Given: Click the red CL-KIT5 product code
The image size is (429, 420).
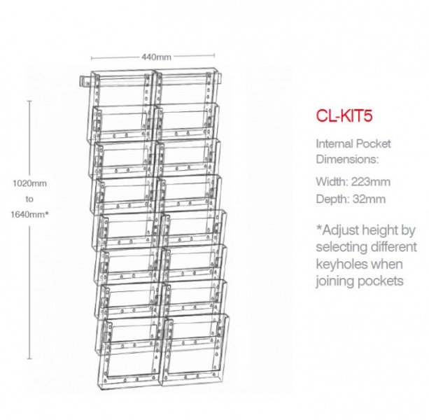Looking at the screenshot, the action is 344,115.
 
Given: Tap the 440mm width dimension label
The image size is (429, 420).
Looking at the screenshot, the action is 156,57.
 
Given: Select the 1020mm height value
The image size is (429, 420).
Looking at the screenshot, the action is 30,183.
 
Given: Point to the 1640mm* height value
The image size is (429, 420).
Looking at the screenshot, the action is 30,214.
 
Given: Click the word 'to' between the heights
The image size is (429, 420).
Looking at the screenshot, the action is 29,199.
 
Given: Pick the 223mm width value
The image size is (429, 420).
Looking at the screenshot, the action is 371,182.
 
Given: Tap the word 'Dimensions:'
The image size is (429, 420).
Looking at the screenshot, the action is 347,159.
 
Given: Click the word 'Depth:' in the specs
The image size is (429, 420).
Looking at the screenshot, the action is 332,199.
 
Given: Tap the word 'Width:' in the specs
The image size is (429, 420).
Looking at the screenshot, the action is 332,182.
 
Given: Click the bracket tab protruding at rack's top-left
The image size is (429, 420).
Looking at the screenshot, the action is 84,81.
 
